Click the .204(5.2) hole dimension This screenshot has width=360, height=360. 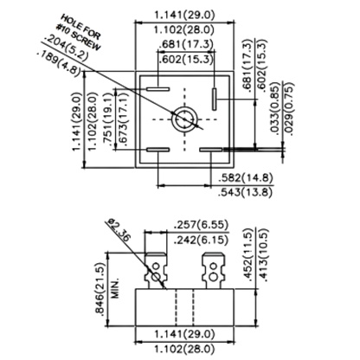coord(66,48)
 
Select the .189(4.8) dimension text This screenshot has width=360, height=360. coord(59,64)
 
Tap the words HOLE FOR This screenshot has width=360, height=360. coord(80,27)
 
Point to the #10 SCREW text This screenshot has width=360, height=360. coord(79,37)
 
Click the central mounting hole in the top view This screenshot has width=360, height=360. coord(184,119)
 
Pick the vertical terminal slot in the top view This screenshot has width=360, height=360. coord(214,99)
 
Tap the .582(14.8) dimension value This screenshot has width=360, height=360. coord(246,178)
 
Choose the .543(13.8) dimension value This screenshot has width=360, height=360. coord(246,192)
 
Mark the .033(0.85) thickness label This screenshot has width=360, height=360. coord(275,109)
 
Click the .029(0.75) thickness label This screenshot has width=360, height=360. coord(289,109)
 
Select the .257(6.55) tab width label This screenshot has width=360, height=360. coord(201,225)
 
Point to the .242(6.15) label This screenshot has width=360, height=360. coord(201,240)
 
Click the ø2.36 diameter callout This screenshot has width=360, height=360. coord(119,229)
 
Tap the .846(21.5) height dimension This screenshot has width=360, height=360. coord(100,289)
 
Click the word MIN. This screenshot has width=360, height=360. coord(115,288)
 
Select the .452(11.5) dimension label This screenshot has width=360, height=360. coord(248,254)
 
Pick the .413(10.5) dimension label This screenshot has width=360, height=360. coord(264,254)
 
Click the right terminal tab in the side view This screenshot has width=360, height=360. coord(213,271)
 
